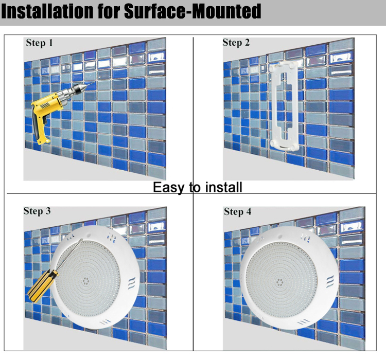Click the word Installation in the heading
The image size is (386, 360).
pyautogui.click(x=47, y=11)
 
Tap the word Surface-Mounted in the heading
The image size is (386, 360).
pyautogui.click(x=192, y=11)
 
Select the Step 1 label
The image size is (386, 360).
pyautogui.click(x=40, y=43)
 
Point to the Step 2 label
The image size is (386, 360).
pyautogui.click(x=236, y=43)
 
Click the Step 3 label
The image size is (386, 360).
pyautogui.click(x=37, y=211)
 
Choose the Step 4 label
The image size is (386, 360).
pyautogui.click(x=238, y=211)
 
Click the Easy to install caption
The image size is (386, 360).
pyautogui.click(x=198, y=188)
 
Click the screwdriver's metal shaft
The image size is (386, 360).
pyautogui.click(x=70, y=255)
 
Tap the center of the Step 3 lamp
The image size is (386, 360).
pyautogui.click(x=86, y=280)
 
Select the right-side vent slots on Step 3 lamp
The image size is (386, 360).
pyautogui.click(x=132, y=283)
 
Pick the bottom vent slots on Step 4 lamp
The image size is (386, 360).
pyautogui.click(x=304, y=321)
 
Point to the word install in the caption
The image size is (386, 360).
pyautogui.click(x=224, y=187)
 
